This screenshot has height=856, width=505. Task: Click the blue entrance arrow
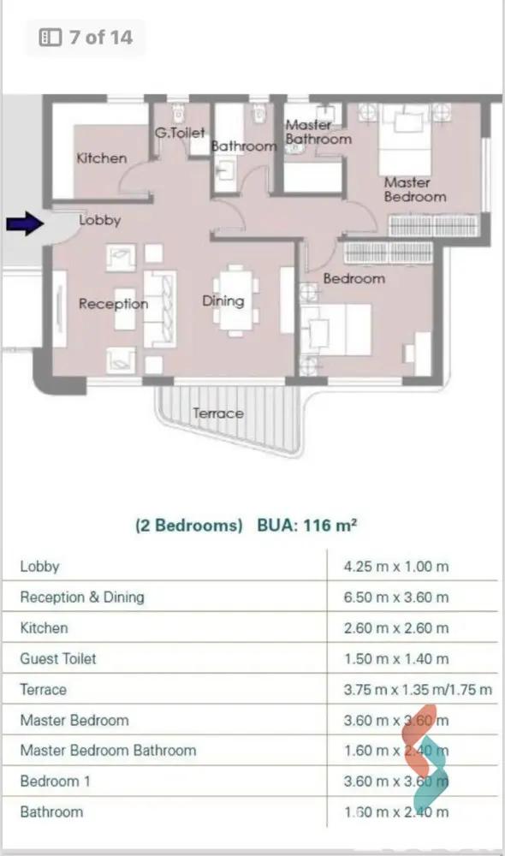[x=25, y=223]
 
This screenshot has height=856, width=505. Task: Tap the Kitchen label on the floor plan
[x=102, y=158]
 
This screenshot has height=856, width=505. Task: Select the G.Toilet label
[x=180, y=133]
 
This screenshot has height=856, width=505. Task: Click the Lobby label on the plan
[x=99, y=220]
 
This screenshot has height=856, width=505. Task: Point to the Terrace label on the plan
[x=217, y=413]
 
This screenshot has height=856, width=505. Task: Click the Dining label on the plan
[x=223, y=301]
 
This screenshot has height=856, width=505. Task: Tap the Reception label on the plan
[x=113, y=304]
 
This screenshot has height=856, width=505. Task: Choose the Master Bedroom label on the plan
[x=415, y=189]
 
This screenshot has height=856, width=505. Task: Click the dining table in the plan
[x=236, y=300]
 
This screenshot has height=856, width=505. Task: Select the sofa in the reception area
[x=159, y=309]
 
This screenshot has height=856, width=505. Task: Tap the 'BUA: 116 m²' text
[x=307, y=526]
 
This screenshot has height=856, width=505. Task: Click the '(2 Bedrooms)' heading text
[x=189, y=526]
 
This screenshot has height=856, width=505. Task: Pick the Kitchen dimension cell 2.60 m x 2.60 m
[x=396, y=628]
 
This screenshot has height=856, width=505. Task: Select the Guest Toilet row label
[x=58, y=659]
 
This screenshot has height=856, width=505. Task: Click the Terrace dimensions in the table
[x=418, y=690]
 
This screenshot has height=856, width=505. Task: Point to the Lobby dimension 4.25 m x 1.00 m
[x=396, y=567]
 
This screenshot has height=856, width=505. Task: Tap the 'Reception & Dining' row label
[x=82, y=597]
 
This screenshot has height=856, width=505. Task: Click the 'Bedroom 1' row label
[x=55, y=782]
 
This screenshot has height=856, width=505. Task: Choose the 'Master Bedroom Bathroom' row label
[x=108, y=751]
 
